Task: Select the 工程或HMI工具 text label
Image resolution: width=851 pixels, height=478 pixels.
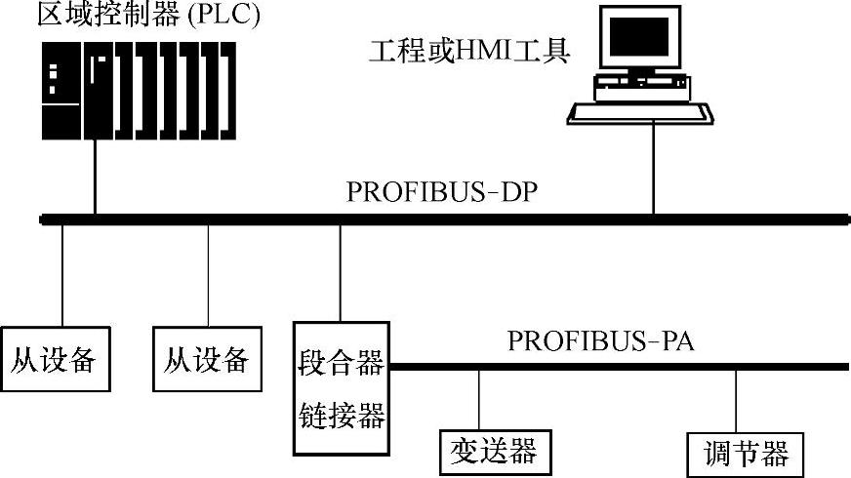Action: [x=468, y=50]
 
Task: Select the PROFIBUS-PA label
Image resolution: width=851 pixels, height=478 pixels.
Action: [x=599, y=341]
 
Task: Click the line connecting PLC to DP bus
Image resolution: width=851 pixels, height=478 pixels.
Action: [x=96, y=180]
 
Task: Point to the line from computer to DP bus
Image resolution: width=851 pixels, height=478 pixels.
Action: [x=653, y=171]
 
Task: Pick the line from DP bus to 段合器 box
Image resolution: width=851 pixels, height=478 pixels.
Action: [x=340, y=273]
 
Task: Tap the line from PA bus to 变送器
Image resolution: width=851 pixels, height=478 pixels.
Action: [x=478, y=400]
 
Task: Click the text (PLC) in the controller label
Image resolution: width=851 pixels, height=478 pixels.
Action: [x=228, y=17]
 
